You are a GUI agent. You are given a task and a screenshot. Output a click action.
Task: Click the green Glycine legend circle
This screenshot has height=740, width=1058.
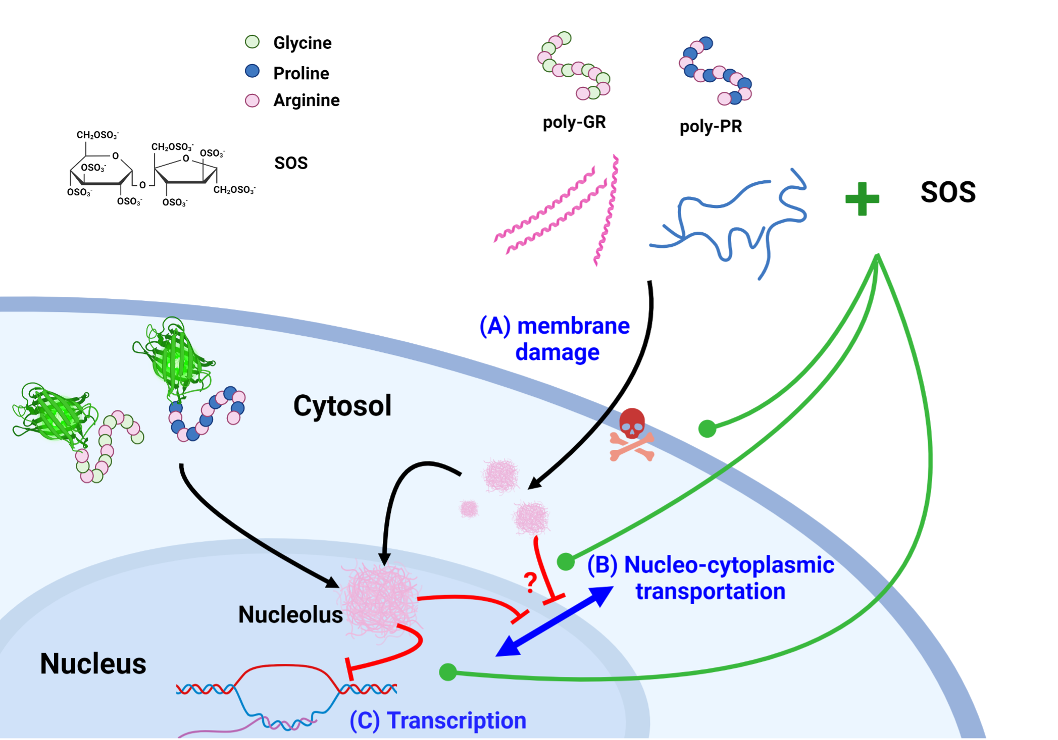[252, 42]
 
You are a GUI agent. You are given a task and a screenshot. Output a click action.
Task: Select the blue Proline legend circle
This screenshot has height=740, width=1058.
[252, 71]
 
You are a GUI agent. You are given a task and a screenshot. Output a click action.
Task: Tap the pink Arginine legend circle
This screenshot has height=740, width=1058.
[252, 100]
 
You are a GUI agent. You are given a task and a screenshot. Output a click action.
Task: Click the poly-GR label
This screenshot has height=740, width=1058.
[574, 122]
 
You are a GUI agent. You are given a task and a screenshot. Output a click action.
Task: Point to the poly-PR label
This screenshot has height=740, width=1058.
[711, 126]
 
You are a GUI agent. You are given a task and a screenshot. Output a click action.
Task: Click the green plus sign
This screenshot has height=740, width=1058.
[862, 198]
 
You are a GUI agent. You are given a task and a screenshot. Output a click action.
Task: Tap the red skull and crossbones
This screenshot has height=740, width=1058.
[632, 435]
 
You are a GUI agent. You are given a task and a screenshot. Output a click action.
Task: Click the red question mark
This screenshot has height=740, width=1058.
[530, 583]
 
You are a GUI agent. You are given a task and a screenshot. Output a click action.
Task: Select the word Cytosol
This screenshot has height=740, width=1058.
[342, 405]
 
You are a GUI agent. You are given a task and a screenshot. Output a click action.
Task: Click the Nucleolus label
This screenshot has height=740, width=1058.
[290, 614]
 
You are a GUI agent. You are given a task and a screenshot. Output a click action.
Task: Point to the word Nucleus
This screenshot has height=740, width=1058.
[93, 663]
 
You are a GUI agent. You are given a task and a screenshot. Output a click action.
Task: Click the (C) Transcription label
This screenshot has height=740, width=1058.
[438, 720]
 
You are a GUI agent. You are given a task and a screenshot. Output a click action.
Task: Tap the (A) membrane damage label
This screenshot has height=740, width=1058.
[555, 339]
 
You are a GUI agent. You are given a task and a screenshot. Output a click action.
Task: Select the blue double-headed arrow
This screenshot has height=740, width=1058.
[555, 621]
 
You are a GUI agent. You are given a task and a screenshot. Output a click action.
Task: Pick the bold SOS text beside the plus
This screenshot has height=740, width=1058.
[948, 192]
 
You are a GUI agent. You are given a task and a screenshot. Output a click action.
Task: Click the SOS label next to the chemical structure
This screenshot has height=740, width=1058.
[291, 163]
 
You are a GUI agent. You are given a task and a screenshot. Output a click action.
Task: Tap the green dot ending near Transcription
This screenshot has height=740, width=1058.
[448, 672]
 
